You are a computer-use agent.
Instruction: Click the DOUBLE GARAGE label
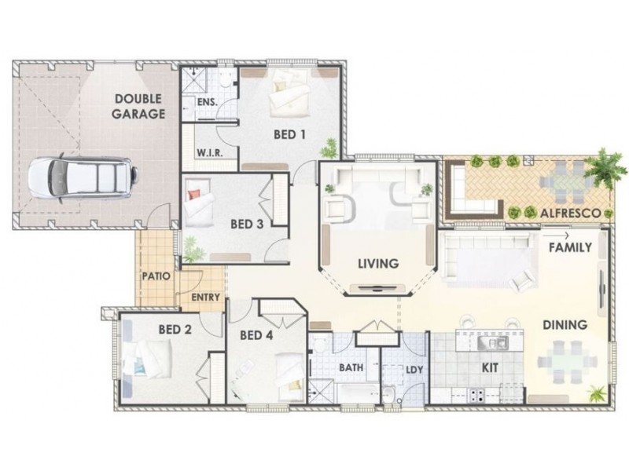(x=138, y=106)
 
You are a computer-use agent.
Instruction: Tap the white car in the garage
(x=83, y=178)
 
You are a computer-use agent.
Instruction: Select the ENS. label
(x=208, y=102)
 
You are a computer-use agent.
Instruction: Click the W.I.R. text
(x=210, y=153)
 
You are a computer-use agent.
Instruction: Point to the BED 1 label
(x=289, y=134)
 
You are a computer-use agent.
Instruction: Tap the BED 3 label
(x=247, y=225)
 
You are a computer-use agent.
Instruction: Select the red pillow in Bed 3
(x=193, y=194)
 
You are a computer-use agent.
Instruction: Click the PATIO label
(x=156, y=276)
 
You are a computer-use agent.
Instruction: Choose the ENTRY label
(x=205, y=298)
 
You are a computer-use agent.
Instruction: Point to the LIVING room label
(x=378, y=264)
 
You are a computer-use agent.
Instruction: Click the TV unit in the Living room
(x=378, y=287)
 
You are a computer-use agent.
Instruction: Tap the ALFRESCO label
(x=571, y=213)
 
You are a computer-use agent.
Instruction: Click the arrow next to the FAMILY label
(x=556, y=235)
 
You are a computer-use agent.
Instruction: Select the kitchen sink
(x=493, y=343)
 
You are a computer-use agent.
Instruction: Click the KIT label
(x=490, y=367)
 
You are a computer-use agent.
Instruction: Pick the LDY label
(x=414, y=370)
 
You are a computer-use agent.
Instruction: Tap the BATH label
(x=351, y=367)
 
